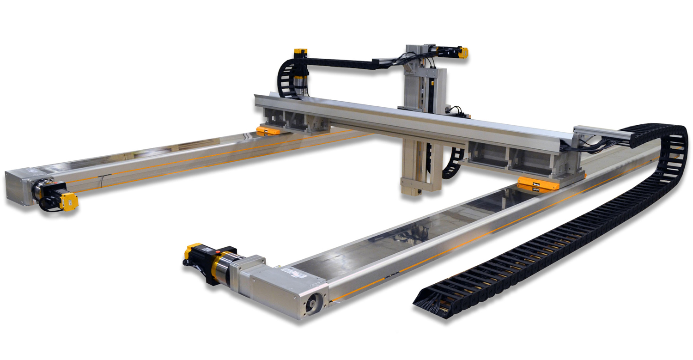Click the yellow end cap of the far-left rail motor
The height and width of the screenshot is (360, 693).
coord(69,201)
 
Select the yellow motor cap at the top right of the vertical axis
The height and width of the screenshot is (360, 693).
coord(463,52)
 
